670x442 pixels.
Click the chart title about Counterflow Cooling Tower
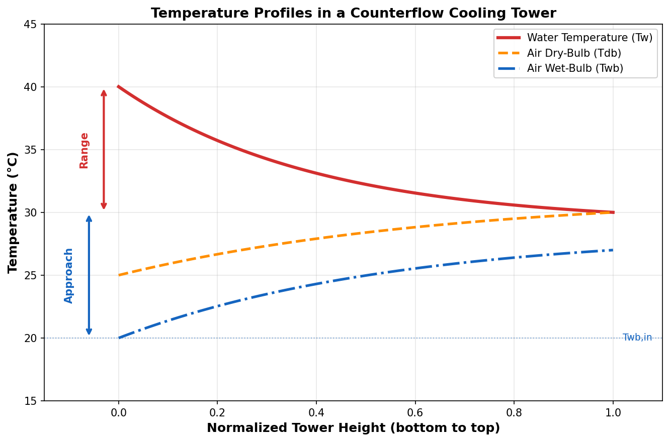coord(353,14)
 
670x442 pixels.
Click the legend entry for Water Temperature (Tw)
coord(590,38)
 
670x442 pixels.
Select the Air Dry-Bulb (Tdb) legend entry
coord(574,53)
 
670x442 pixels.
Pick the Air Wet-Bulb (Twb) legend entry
coord(575,68)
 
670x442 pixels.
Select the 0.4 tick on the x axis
coord(316,413)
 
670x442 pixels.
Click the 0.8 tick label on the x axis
coord(514,413)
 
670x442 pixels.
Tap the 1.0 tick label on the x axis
coord(613,413)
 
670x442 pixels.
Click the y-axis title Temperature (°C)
coord(13,212)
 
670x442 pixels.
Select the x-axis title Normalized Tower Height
coord(353,428)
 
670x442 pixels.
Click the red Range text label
coord(84,150)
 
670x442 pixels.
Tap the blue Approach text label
coord(69,275)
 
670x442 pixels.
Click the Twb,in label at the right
coord(637,338)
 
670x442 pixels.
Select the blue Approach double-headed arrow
coord(89,275)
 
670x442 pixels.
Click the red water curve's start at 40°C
coord(119,87)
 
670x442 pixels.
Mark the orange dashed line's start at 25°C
coord(119,275)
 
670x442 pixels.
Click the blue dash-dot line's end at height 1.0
coord(612,250)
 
